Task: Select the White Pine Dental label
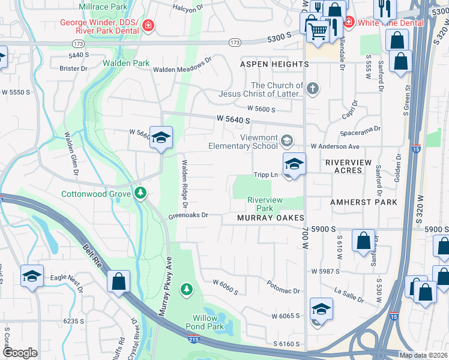tap(391, 23)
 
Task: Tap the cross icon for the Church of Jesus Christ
tap(312, 89)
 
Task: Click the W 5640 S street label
tap(234, 121)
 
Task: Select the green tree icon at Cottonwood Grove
tap(140, 193)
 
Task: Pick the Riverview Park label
tap(265, 204)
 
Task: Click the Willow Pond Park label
tap(208, 322)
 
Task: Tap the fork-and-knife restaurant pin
tap(382, 8)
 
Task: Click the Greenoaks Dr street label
tap(188, 215)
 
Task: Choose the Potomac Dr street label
tap(283, 290)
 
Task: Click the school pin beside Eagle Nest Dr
tap(32, 276)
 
